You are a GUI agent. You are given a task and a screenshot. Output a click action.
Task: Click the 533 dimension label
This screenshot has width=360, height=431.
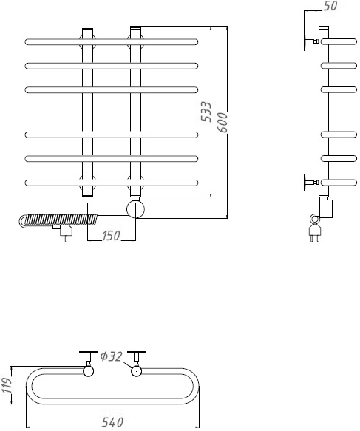click(206, 112)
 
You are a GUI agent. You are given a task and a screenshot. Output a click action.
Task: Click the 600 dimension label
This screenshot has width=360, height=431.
click(223, 123)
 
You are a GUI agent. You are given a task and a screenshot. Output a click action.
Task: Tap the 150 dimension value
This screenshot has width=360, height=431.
click(112, 236)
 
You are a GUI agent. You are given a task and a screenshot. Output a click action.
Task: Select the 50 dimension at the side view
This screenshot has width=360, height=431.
click(330, 6)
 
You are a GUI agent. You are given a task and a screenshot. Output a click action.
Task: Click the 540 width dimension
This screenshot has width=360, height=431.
click(112, 423)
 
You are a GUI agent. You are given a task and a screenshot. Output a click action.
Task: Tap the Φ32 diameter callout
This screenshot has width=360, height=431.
click(111, 357)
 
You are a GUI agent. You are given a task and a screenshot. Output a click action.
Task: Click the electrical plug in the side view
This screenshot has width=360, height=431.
click(314, 233)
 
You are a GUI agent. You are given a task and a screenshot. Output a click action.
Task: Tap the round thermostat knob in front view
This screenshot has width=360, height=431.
click(135, 209)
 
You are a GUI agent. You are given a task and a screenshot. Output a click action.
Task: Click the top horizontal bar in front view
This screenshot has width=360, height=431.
click(112, 42)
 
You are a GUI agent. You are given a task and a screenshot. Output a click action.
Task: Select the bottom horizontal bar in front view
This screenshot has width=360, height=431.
click(112, 183)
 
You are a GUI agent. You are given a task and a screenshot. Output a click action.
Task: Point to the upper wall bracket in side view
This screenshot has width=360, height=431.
click(310, 42)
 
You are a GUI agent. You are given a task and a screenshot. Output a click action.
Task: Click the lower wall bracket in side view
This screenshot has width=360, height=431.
click(310, 183)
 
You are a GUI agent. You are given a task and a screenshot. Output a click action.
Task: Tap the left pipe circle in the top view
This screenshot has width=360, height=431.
click(88, 371)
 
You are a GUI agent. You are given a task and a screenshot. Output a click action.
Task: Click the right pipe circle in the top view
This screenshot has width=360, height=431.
click(136, 371)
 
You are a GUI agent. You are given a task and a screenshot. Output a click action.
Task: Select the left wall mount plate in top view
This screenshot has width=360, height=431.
click(88, 352)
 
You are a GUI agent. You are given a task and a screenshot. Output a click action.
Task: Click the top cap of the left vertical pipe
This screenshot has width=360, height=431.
click(88, 29)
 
